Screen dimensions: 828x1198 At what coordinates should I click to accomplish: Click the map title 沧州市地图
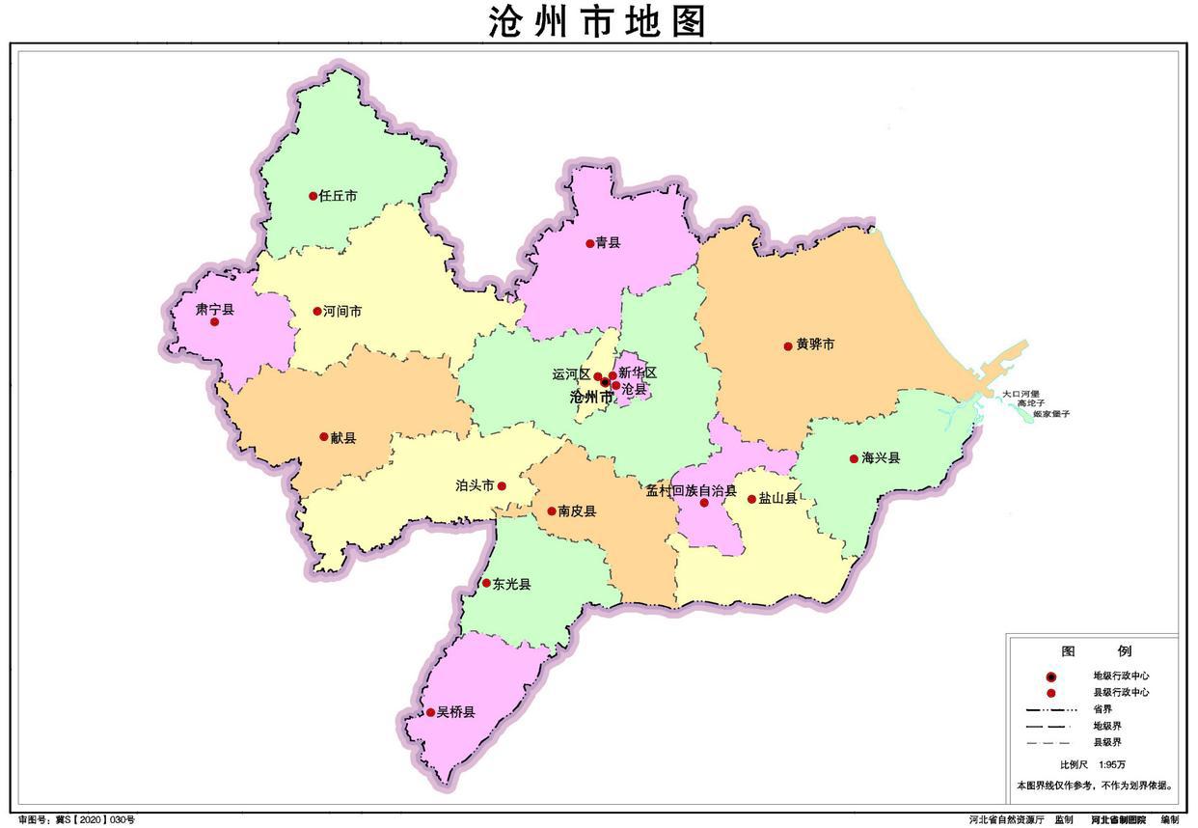598,21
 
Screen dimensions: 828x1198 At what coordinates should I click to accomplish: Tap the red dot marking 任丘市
313,196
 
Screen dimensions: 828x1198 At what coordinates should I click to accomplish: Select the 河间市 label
342,312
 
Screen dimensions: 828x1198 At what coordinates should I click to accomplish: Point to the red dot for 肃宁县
214,321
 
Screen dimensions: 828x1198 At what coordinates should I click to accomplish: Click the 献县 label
343,438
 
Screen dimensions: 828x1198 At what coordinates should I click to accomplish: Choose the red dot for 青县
590,243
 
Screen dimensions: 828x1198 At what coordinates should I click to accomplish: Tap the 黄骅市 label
815,345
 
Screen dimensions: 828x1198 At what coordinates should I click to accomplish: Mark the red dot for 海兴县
854,458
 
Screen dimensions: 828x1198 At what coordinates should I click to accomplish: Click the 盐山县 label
777,499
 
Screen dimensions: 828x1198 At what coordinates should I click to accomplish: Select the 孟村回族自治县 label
691,490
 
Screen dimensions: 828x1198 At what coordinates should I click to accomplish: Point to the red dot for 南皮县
551,511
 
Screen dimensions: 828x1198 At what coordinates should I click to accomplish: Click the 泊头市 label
475,486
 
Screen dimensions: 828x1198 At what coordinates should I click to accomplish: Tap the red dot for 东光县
486,583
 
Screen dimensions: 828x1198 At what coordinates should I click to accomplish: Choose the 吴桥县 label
456,713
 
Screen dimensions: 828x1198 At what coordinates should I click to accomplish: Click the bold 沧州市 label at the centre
591,397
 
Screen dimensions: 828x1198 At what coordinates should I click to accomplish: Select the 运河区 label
570,373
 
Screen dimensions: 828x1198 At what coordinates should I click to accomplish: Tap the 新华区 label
638,373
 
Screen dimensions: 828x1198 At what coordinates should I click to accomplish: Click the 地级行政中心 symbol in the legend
1051,676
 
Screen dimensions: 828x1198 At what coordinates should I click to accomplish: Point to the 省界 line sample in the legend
1050,709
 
